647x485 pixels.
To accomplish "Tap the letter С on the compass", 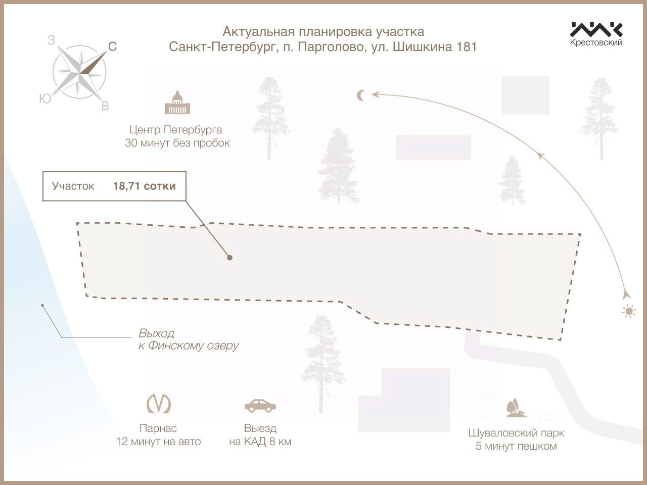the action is click(x=113, y=47).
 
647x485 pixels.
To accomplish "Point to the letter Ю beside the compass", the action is click(x=45, y=99).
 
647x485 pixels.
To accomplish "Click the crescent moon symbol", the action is click(x=361, y=94).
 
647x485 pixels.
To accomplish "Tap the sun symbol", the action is click(x=628, y=311).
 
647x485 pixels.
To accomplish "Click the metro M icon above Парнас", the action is click(x=158, y=404).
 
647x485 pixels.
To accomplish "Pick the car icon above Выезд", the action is click(x=260, y=405).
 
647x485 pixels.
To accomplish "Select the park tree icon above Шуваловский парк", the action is click(x=516, y=408).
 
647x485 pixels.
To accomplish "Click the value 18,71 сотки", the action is click(x=144, y=186).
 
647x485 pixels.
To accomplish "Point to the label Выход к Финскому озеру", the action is click(x=188, y=339).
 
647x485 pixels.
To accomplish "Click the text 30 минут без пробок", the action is click(x=177, y=143).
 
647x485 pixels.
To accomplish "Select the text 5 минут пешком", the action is click(x=516, y=446).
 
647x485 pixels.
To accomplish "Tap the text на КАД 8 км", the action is click(x=260, y=442).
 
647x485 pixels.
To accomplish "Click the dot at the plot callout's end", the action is click(x=230, y=257).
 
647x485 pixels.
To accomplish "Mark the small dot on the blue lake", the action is click(x=43, y=306).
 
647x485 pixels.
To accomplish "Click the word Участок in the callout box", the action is click(x=73, y=186).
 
